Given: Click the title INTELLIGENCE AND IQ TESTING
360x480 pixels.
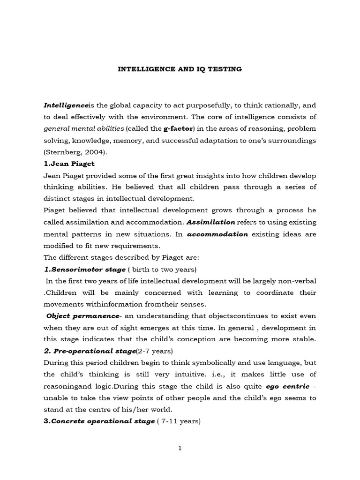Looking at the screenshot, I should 180,69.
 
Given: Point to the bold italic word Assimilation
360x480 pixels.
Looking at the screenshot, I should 210,222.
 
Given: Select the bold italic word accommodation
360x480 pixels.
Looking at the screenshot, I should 217,234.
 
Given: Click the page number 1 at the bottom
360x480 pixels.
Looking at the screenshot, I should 180,448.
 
